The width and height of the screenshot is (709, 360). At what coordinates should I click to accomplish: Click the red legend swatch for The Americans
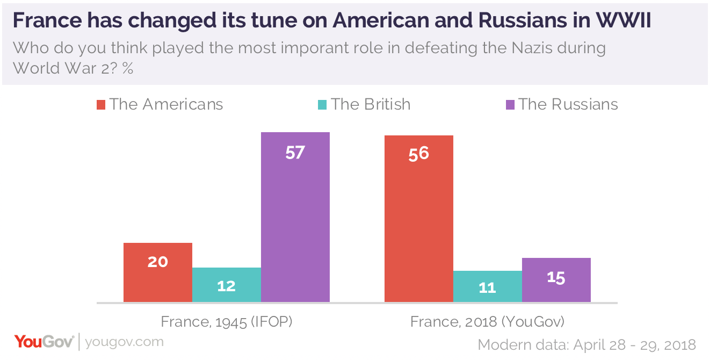(x=101, y=104)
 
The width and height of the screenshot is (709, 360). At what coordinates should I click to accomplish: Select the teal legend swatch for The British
(x=322, y=104)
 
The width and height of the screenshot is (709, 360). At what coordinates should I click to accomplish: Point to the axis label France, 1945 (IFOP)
(x=226, y=322)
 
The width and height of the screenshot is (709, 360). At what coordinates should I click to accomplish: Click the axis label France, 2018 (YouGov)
(x=487, y=322)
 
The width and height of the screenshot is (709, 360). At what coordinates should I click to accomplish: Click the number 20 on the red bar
(x=157, y=262)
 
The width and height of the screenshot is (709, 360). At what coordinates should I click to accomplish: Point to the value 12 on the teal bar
(x=226, y=286)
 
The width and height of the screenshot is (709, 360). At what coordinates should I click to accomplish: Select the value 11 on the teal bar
(x=487, y=288)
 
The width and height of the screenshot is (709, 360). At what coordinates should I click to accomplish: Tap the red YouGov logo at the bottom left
(x=44, y=341)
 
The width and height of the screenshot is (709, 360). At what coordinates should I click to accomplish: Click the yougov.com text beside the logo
(x=124, y=342)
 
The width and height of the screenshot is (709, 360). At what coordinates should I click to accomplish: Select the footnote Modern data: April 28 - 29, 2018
(x=587, y=344)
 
